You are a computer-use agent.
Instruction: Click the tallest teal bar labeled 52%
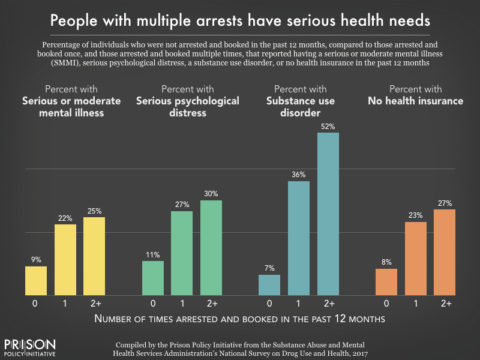(328, 214)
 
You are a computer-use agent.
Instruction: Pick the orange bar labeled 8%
(386, 282)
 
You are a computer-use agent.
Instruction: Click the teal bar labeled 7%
(269, 285)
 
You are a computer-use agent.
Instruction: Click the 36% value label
(299, 175)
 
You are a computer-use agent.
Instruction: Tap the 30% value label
(211, 194)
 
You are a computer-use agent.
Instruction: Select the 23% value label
(416, 215)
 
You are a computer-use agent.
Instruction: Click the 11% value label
(152, 254)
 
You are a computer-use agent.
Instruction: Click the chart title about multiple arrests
(240, 21)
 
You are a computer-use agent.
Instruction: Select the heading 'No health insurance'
(415, 101)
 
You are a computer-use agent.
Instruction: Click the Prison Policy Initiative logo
(30, 347)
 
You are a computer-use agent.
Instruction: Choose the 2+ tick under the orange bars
(445, 304)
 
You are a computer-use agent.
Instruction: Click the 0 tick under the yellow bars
(36, 304)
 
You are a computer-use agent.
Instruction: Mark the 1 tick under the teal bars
(299, 304)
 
